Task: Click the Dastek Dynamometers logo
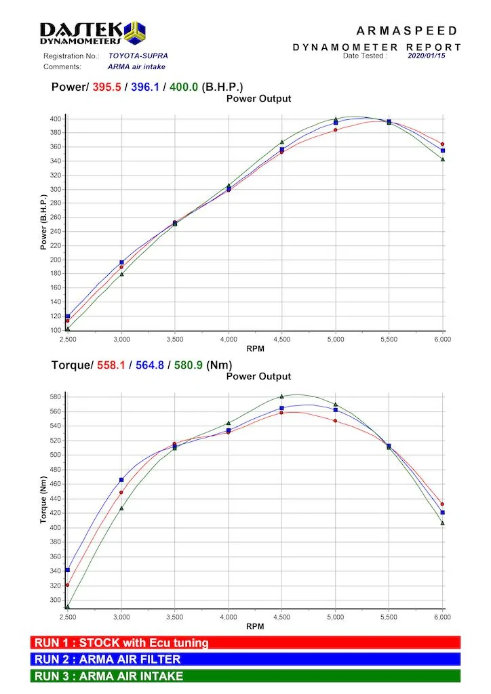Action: tap(92, 33)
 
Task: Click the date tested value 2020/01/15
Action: tap(427, 56)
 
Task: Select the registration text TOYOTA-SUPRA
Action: tap(138, 56)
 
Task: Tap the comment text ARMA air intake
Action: tap(136, 67)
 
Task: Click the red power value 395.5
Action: tap(106, 87)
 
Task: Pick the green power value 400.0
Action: tap(184, 87)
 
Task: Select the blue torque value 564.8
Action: tap(150, 365)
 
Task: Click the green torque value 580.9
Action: tap(188, 365)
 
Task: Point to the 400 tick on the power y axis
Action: tap(56, 119)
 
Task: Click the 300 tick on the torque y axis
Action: tap(56, 600)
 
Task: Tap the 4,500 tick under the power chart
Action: tap(281, 340)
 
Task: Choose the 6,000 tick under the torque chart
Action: tap(442, 617)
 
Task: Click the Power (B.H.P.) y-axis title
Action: tap(43, 222)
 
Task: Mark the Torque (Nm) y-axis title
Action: tap(43, 500)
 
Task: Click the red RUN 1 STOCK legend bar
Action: tap(245, 642)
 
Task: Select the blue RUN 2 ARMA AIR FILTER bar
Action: tap(245, 659)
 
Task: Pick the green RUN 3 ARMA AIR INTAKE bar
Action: tap(245, 676)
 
